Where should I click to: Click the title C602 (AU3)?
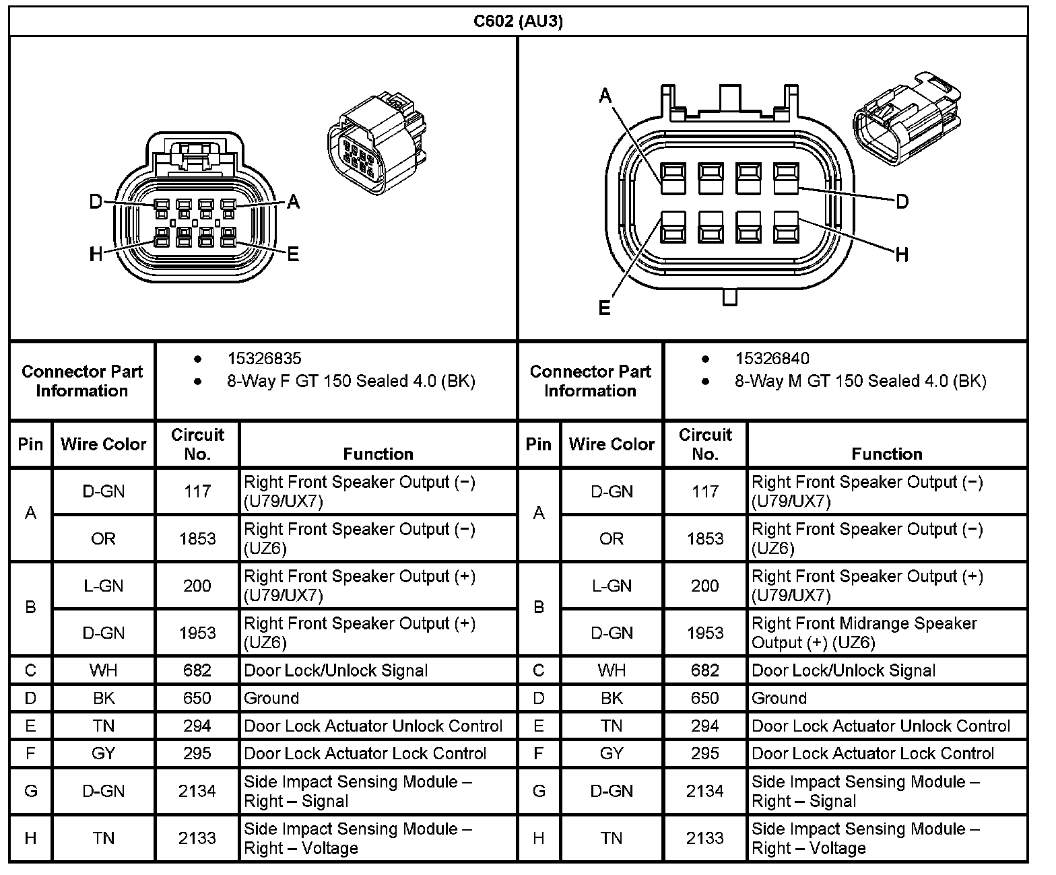[518, 21]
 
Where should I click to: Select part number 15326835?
[264, 359]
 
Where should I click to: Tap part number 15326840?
[772, 359]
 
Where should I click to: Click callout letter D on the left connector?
[96, 201]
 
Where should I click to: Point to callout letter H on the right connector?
[902, 254]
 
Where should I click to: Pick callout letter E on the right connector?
[604, 308]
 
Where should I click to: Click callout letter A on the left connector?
[293, 201]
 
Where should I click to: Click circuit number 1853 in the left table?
[197, 538]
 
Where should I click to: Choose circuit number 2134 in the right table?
[705, 791]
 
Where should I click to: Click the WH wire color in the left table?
[103, 670]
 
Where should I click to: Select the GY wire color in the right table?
[612, 753]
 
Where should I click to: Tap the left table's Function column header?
[378, 454]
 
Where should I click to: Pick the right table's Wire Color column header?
[612, 444]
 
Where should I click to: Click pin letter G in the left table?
[30, 791]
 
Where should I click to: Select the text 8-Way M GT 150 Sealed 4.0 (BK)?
[860, 382]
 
